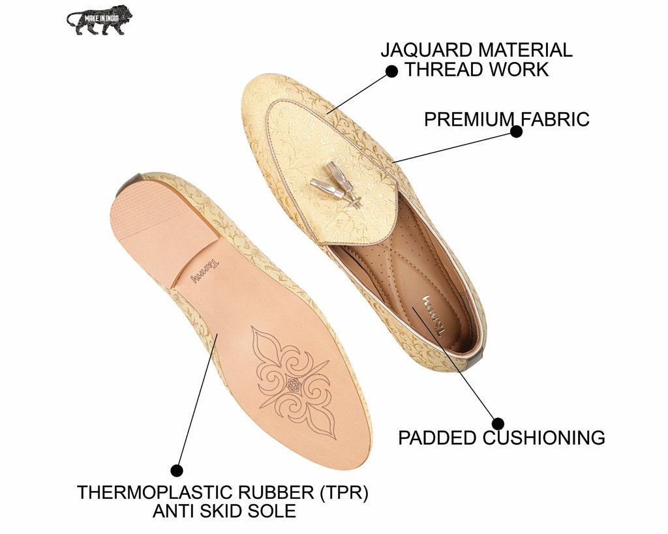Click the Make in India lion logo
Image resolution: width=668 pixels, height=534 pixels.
99,20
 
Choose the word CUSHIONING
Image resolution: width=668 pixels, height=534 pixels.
543,438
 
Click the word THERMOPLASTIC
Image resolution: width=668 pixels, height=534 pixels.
153,492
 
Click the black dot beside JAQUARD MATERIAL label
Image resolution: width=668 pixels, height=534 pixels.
391,71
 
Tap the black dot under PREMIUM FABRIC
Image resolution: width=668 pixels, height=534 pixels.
517,132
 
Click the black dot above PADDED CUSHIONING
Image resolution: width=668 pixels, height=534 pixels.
498,424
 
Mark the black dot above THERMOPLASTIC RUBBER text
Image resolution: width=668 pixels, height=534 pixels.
177,471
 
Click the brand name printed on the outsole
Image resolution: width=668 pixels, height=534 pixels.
205,272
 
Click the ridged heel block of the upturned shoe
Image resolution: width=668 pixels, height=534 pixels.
164,227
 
